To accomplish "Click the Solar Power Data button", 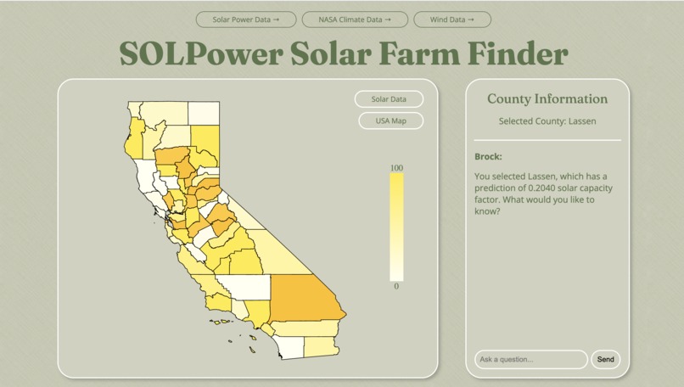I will point(246,19).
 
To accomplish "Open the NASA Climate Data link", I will point(355,19).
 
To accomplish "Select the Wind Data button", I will point(452,19).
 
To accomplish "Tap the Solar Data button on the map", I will point(389,99).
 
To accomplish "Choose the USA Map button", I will point(390,121).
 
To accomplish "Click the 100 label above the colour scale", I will point(396,168).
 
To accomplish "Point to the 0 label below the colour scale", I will point(396,287).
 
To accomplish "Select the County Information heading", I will point(547,99).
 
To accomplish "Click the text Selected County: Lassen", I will point(547,121).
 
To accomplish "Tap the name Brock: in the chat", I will point(489,156).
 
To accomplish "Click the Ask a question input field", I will point(530,359).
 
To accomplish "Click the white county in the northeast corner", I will point(204,113).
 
